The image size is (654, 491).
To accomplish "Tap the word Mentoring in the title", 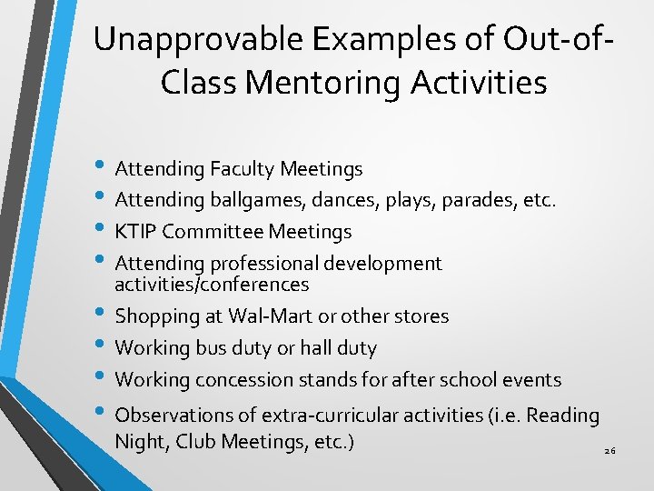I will (x=325, y=83).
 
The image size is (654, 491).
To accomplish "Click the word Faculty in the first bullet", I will (x=243, y=169).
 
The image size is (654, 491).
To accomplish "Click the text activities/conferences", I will (x=212, y=285).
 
